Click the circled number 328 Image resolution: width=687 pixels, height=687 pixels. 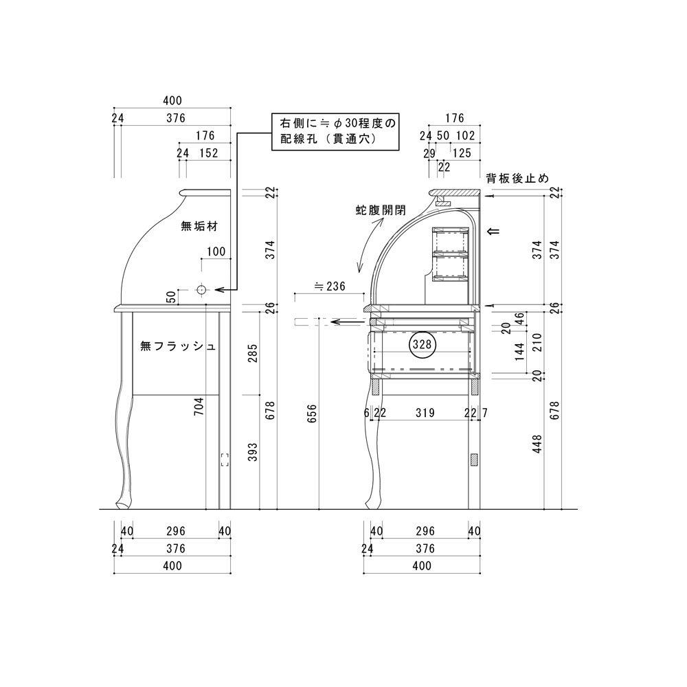[423, 344]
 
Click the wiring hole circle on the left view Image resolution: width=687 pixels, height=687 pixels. [201, 290]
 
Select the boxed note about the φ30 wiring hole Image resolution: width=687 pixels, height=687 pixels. [335, 132]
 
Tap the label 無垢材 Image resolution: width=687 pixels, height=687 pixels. [199, 227]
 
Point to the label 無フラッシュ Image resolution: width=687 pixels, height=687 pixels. [178, 346]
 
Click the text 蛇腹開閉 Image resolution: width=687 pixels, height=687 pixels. [381, 210]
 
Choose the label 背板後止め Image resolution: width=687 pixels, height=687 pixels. [517, 179]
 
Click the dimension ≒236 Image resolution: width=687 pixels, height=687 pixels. [330, 286]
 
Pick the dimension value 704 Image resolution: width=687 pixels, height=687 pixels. [199, 407]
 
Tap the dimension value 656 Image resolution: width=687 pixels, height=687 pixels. [312, 413]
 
